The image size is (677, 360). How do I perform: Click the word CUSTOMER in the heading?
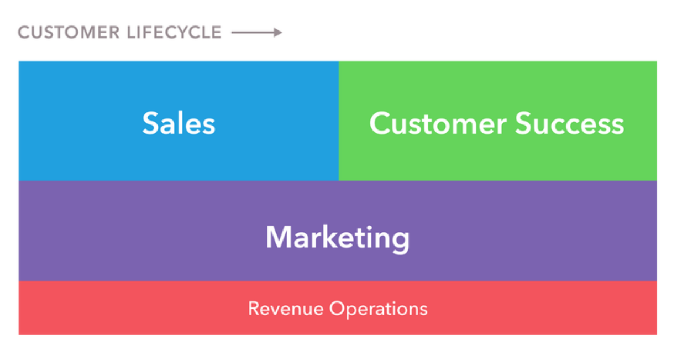point(69,33)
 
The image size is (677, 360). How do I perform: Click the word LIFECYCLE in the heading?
point(175,33)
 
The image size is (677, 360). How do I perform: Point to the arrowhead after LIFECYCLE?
point(278,33)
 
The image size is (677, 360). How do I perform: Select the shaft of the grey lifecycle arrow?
point(253,33)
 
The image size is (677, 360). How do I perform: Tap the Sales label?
point(179,123)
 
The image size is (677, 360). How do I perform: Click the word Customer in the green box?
point(438,123)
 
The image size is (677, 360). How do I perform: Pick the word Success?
point(569,123)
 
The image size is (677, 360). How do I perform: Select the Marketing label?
point(338,238)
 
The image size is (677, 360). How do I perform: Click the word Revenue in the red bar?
point(286,309)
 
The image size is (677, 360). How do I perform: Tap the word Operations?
point(379,309)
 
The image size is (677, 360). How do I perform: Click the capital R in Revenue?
point(254,309)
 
